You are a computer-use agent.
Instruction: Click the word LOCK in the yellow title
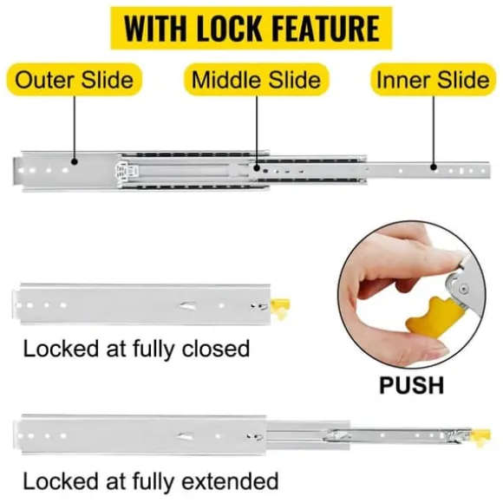pyautogui.click(x=229, y=29)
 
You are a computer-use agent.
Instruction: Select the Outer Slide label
pyautogui.click(x=74, y=80)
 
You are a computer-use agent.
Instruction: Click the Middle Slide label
pyautogui.click(x=256, y=80)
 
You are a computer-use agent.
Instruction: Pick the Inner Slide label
pyautogui.click(x=433, y=80)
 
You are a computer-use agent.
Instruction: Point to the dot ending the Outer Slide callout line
pyautogui.click(x=75, y=161)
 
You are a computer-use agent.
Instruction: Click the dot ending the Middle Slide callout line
pyautogui.click(x=257, y=167)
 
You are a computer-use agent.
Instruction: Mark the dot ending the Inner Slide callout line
pyautogui.click(x=434, y=167)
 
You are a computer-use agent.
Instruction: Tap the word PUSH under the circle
pyautogui.click(x=411, y=385)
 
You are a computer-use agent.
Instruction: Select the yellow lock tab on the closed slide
pyautogui.click(x=280, y=308)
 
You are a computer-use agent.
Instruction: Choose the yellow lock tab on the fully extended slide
pyautogui.click(x=480, y=437)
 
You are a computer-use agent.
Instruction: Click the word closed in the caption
pyautogui.click(x=216, y=349)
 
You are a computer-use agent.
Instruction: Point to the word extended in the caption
pyautogui.click(x=230, y=480)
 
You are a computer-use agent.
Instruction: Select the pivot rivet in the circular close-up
pyautogui.click(x=462, y=290)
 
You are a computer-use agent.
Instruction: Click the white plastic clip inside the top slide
pyautogui.click(x=123, y=171)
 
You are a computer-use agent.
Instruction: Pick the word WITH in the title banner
pyautogui.click(x=155, y=29)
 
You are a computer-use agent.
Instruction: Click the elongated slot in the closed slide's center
pyautogui.click(x=187, y=306)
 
